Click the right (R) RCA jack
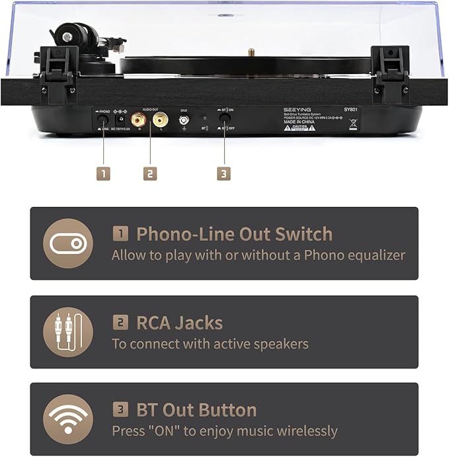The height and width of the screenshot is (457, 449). point(139,120)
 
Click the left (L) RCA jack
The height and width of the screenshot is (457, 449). point(160,120)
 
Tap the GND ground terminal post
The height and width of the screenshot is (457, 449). point(184,120)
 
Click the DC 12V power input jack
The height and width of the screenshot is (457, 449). point(121,119)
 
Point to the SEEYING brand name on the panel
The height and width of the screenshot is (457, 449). point(295,110)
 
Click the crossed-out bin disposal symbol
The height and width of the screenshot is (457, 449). point(353,123)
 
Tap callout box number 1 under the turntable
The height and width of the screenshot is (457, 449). point(102,173)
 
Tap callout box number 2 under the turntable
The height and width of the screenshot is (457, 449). point(150,173)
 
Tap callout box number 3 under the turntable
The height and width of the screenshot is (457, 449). point(224,173)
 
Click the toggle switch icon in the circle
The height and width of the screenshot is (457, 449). point(68,243)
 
